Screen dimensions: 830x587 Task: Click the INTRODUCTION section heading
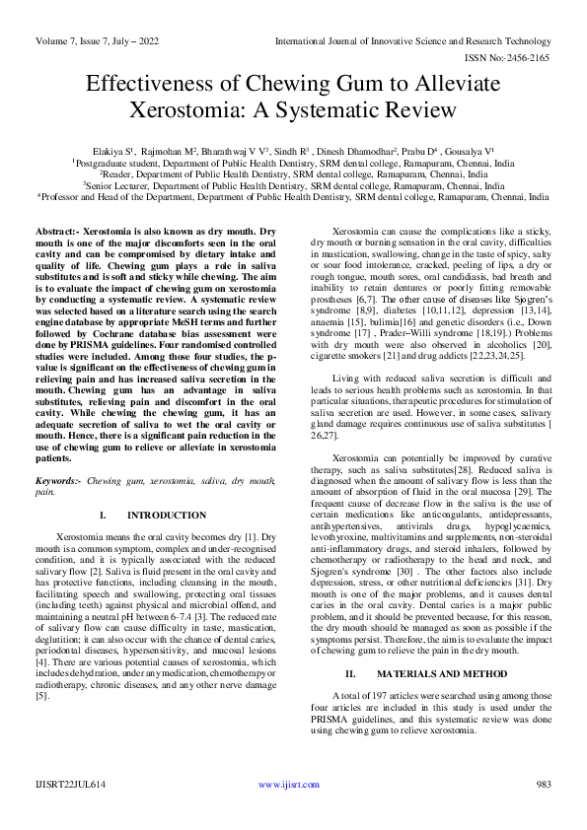pyautogui.click(x=168, y=515)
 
